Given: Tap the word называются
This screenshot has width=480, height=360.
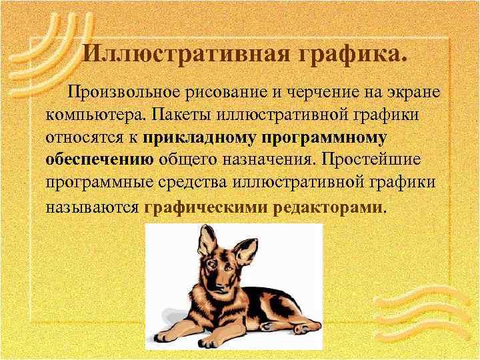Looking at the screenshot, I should coord(92,207).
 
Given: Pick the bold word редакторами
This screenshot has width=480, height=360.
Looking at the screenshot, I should coord(327,207).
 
